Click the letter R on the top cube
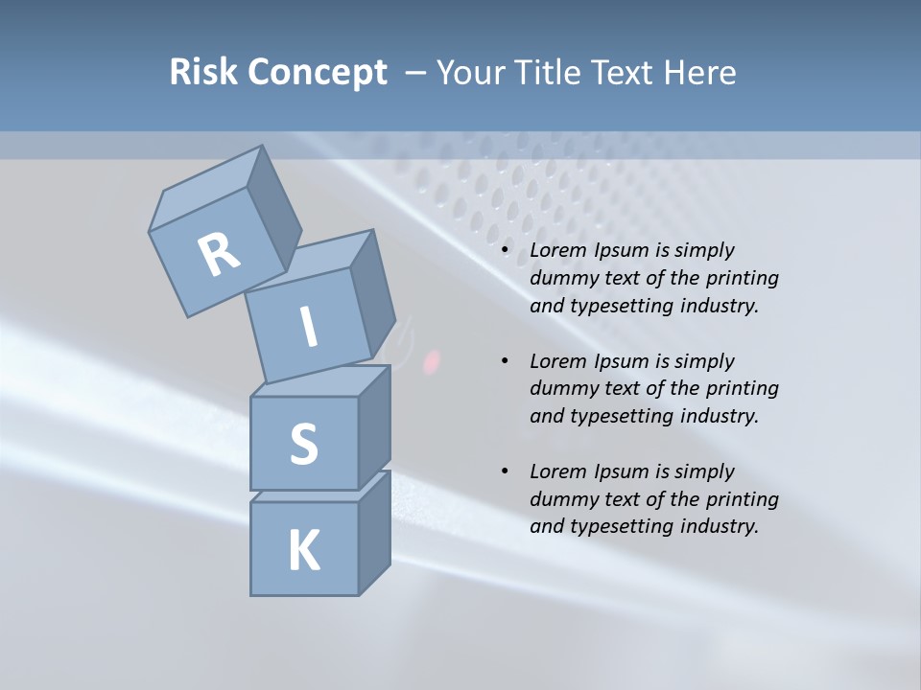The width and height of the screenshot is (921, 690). pyautogui.click(x=220, y=255)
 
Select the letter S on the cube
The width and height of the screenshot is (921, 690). pyautogui.click(x=303, y=445)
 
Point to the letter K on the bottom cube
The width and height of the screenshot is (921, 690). pyautogui.click(x=303, y=551)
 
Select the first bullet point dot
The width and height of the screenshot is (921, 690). pyautogui.click(x=505, y=251)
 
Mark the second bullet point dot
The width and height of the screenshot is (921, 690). pyautogui.click(x=505, y=362)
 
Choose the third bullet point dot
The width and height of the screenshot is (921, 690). pyautogui.click(x=505, y=472)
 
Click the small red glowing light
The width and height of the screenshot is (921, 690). pyautogui.click(x=432, y=361)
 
